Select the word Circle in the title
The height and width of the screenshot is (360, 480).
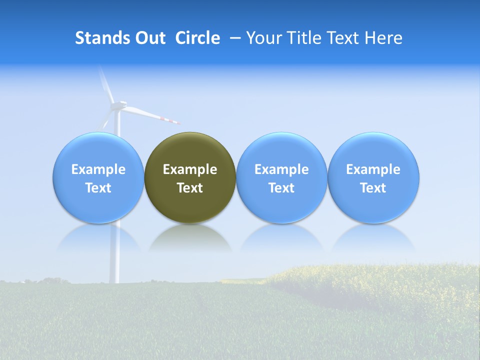point(197,38)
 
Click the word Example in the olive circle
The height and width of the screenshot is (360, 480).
point(190,169)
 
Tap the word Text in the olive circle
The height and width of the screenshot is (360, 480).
point(190,188)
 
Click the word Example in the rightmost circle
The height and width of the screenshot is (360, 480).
point(373,169)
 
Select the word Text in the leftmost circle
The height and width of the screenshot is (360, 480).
point(98,188)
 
